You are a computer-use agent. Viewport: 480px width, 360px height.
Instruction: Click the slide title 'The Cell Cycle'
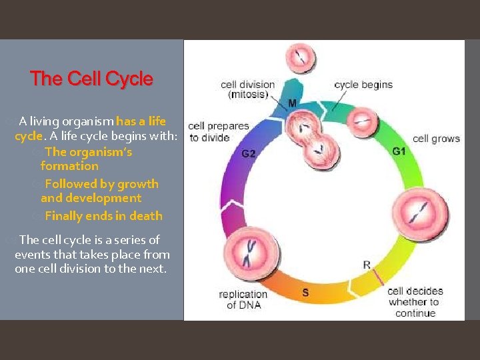click(x=91, y=79)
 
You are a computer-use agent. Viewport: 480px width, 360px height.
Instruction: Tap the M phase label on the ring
click(x=293, y=103)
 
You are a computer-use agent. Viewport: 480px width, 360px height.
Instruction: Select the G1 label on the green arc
click(x=399, y=151)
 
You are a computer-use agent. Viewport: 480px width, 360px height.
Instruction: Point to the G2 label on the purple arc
click(x=248, y=153)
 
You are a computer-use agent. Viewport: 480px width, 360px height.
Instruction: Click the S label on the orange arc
click(x=305, y=291)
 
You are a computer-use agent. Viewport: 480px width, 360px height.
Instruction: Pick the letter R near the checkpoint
click(x=366, y=265)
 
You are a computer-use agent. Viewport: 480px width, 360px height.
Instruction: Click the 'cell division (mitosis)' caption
click(x=247, y=89)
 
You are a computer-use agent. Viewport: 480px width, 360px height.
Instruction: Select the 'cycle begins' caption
click(x=363, y=85)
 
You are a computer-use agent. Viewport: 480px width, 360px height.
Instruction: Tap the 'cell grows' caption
click(x=436, y=139)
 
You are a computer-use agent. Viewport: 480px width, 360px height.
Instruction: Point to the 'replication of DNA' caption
click(x=243, y=299)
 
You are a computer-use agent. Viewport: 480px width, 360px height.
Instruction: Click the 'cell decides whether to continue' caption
click(x=415, y=302)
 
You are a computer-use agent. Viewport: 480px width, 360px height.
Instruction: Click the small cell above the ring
click(x=301, y=59)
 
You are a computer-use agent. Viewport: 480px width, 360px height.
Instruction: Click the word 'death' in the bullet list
click(x=147, y=215)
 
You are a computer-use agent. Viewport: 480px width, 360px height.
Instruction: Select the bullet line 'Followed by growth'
click(x=101, y=183)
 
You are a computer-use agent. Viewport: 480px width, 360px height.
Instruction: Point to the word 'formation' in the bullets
click(x=69, y=165)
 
